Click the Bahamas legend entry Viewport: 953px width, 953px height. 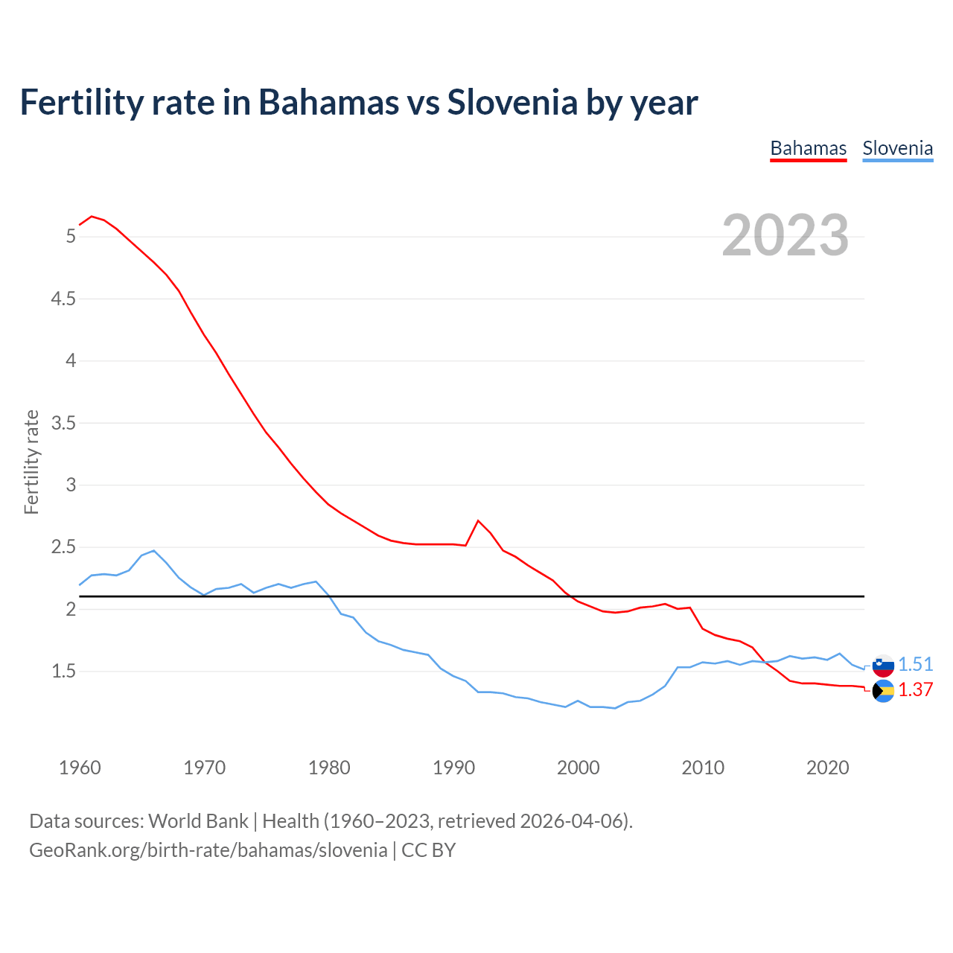click(808, 148)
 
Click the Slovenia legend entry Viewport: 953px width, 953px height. click(897, 148)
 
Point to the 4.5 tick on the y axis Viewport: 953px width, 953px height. click(63, 299)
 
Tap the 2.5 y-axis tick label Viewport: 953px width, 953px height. click(63, 547)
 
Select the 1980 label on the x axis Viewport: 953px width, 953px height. click(329, 768)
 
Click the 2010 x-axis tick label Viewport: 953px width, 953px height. click(703, 768)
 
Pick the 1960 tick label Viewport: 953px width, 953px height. click(80, 768)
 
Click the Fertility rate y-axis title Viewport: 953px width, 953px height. click(31, 462)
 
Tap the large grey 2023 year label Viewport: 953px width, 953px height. click(785, 235)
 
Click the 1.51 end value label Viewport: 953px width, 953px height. click(915, 664)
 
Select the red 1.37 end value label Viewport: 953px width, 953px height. click(915, 689)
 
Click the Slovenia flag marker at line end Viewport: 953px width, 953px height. click(883, 666)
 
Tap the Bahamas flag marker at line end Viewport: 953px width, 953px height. click(883, 691)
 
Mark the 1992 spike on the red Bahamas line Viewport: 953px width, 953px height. click(478, 520)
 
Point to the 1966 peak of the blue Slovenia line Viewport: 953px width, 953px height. click(153, 551)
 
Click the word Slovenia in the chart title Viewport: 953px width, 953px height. click(511, 103)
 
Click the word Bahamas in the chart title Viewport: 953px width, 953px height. click(328, 103)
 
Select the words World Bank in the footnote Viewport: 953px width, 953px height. click(198, 821)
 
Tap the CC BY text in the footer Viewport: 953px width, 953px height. click(428, 850)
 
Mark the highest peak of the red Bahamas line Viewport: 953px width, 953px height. click(92, 217)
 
